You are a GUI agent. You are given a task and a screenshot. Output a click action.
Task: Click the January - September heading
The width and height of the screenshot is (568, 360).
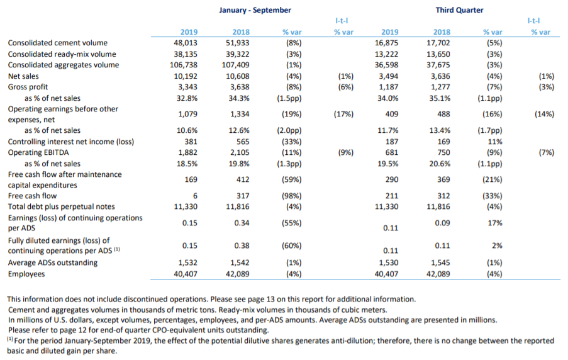[255, 10]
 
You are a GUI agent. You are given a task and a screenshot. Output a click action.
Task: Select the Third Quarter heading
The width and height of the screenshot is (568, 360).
[459, 10]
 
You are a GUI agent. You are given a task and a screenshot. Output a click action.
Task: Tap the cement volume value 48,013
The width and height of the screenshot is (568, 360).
[186, 43]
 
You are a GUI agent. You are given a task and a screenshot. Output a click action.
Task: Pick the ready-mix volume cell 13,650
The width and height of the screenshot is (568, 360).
[438, 54]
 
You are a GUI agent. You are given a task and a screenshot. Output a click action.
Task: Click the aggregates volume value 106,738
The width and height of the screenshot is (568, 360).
[184, 65]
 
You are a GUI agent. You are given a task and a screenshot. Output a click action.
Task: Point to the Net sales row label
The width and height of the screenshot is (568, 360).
[23, 76]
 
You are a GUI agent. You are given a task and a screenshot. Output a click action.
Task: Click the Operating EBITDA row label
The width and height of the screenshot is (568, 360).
[38, 153]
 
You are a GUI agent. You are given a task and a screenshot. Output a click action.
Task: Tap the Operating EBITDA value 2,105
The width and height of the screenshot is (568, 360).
[240, 153]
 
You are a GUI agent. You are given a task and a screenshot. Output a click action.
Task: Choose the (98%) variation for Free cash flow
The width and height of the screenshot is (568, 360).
[292, 196]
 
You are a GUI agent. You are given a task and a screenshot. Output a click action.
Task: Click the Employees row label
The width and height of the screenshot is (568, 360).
[26, 274]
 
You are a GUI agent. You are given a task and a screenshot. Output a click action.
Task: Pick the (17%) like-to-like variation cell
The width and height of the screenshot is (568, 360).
[343, 114]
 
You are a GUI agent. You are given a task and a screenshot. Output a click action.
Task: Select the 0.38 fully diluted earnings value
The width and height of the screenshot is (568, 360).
[242, 246]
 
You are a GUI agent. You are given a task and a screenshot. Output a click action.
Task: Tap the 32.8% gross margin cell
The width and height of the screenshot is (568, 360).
[187, 98]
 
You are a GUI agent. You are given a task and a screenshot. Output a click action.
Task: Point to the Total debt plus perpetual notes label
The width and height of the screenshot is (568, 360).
[61, 206]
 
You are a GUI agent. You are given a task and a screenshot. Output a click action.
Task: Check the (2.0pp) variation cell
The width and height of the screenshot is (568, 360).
[289, 130]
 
